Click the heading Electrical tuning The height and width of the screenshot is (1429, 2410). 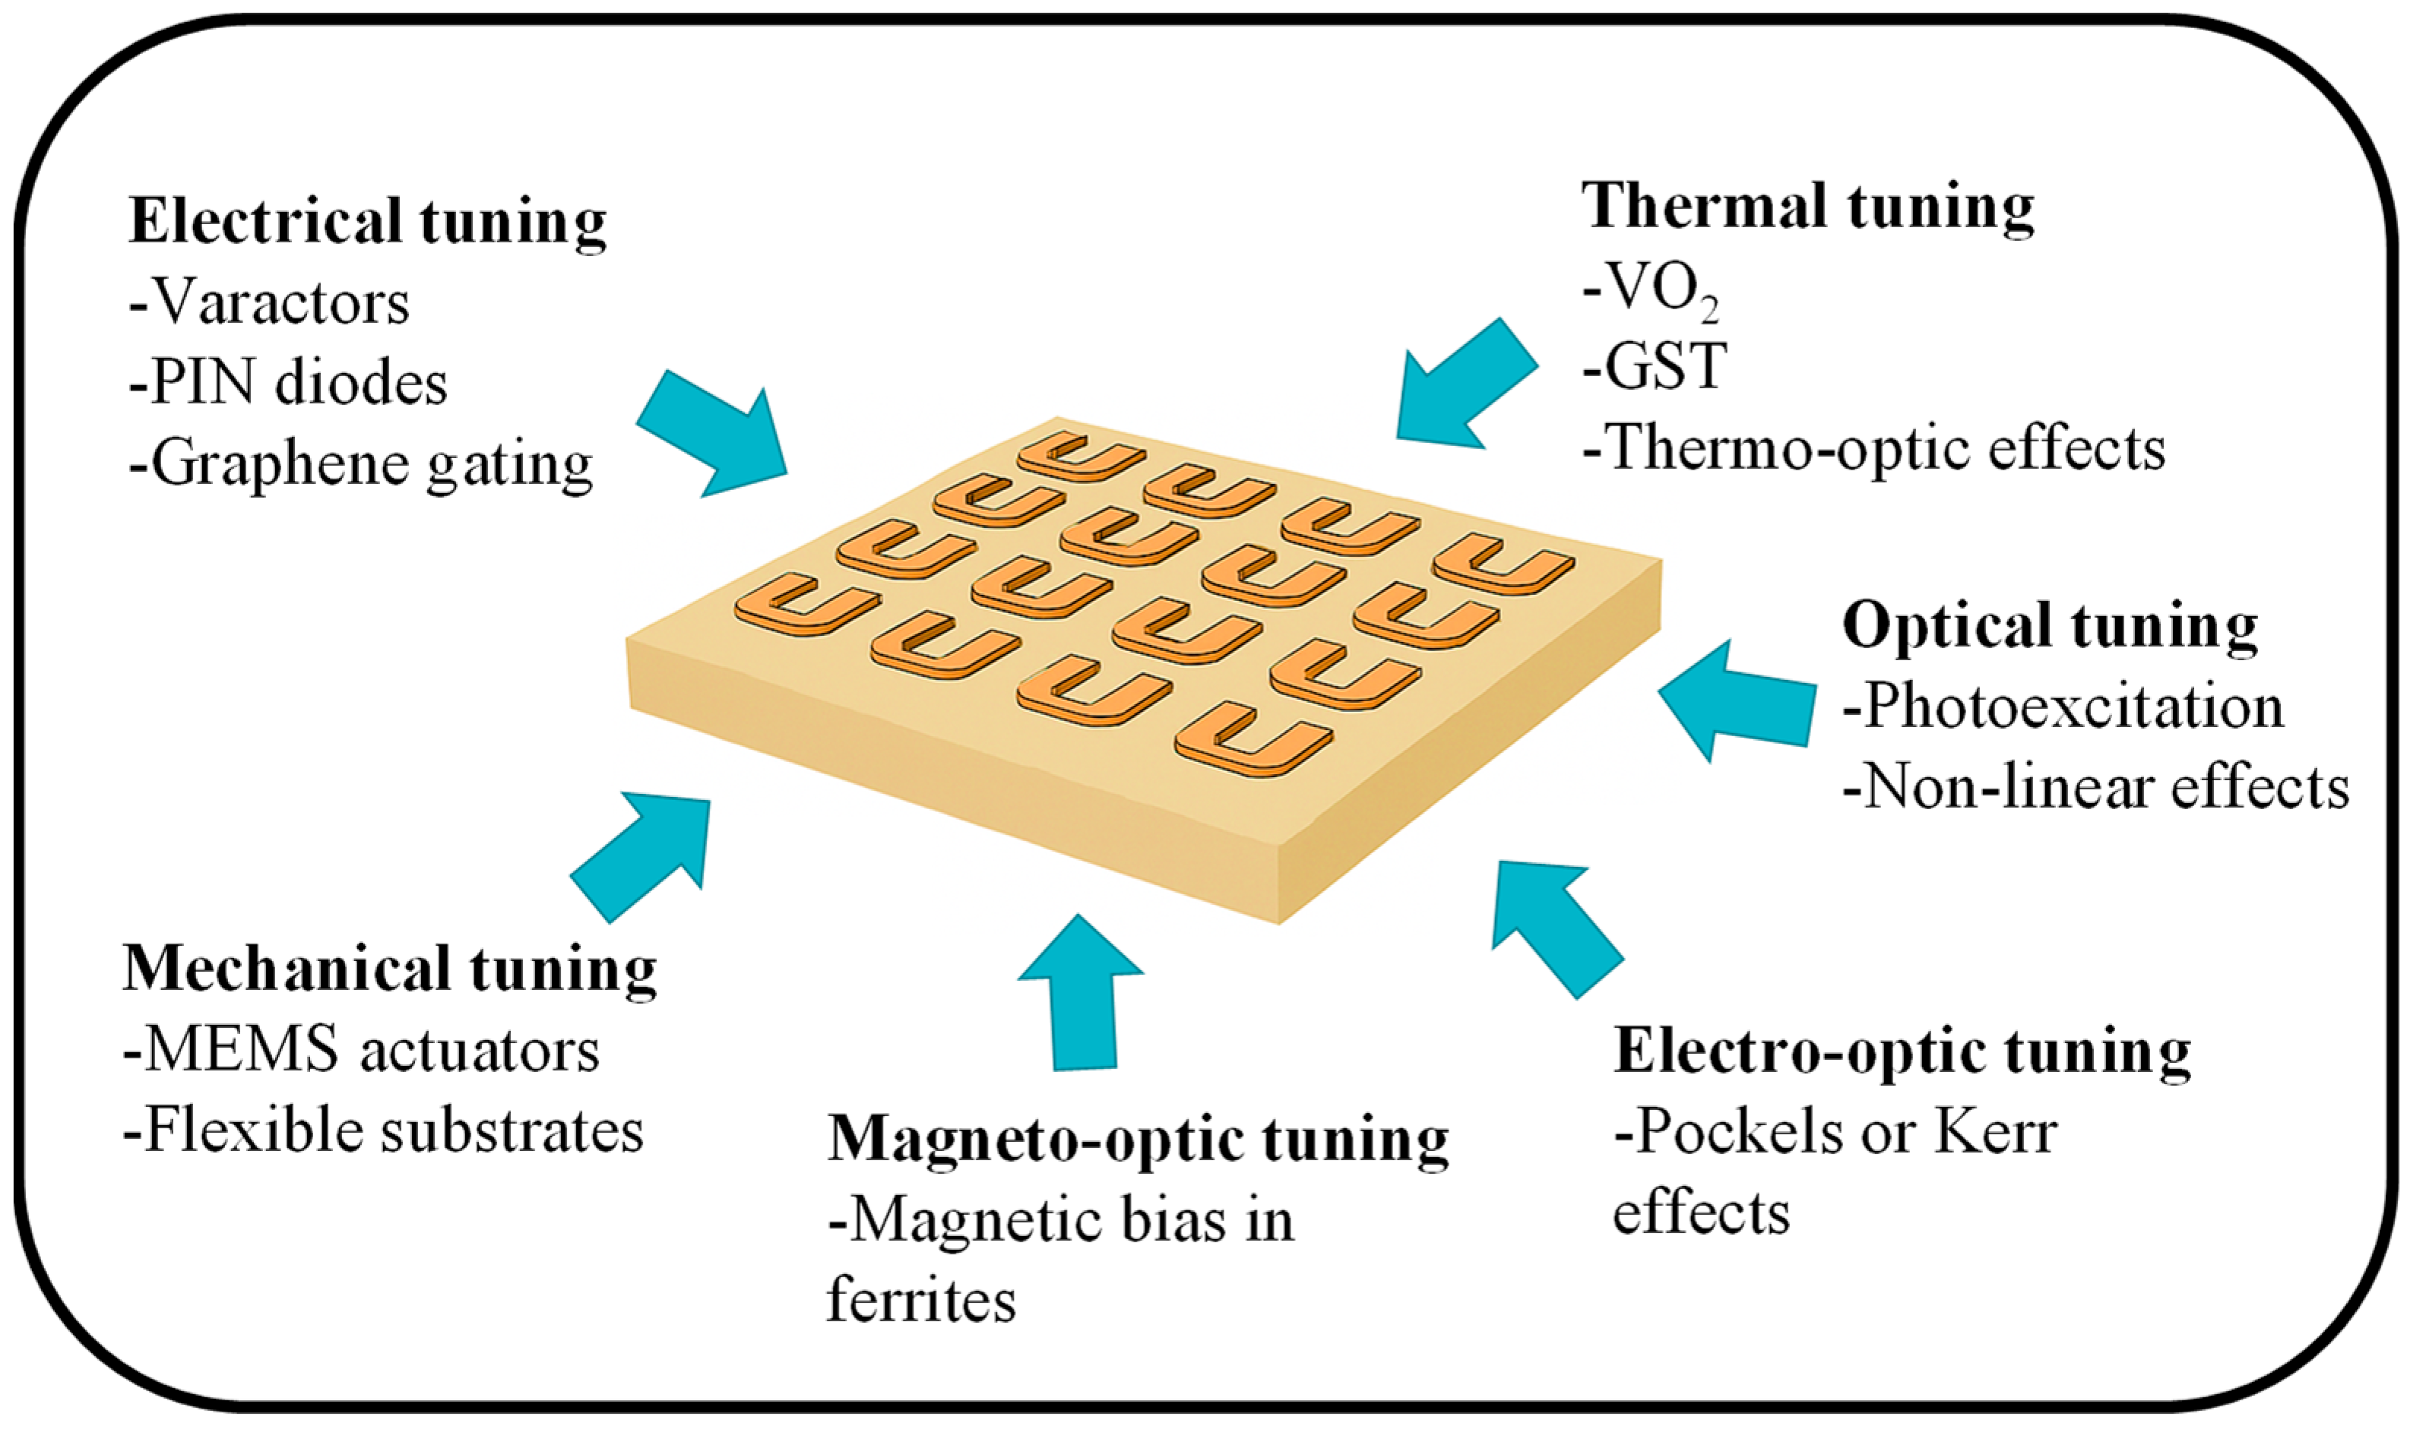click(367, 223)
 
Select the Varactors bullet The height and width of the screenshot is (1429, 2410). click(270, 303)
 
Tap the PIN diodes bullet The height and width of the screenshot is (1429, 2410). click(288, 383)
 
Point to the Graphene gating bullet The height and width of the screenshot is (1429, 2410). click(361, 465)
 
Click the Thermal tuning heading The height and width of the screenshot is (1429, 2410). click(1808, 208)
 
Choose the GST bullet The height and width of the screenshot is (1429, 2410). click(1655, 367)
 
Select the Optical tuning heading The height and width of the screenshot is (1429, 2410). click(2050, 626)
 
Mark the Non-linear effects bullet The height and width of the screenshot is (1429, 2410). click(2096, 789)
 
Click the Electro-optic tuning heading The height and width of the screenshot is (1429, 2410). click(1902, 1051)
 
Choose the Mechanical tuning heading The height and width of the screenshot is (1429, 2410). click(390, 969)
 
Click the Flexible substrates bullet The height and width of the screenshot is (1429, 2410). click(383, 1130)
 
